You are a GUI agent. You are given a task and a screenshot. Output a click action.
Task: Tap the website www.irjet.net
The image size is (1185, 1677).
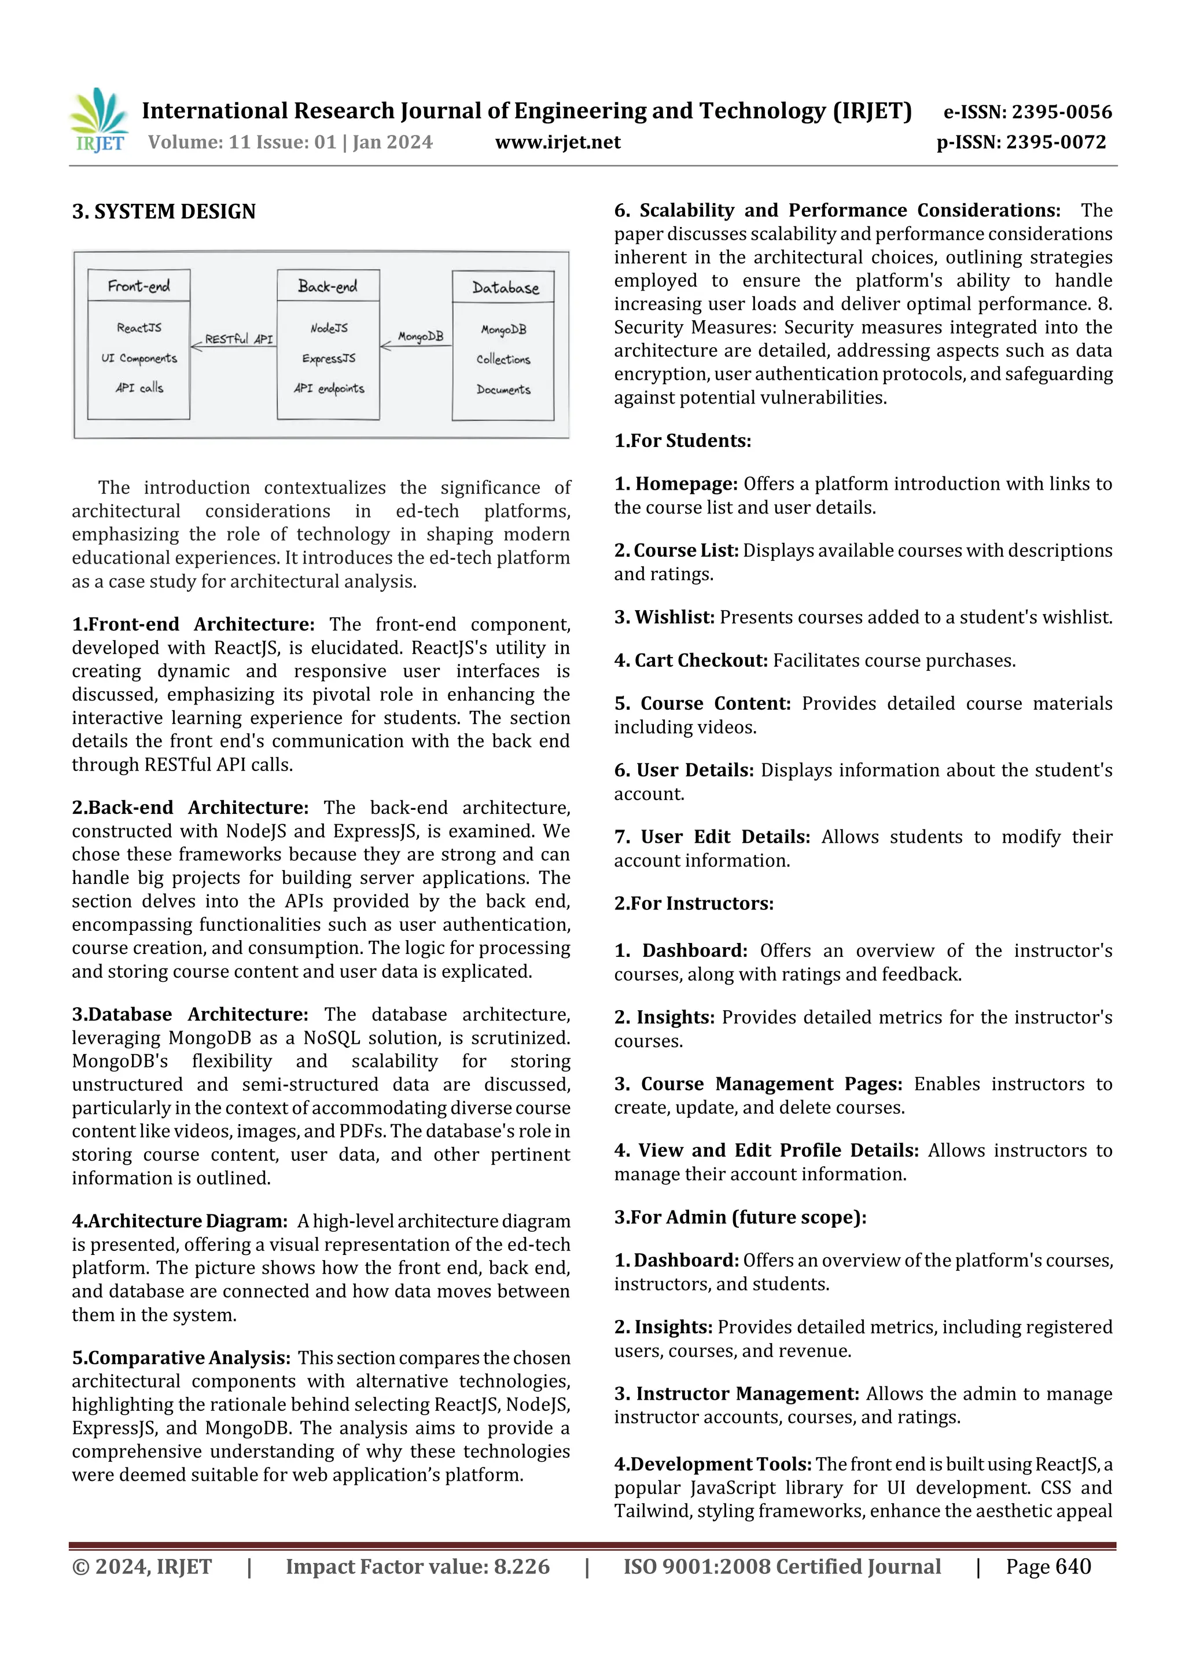click(x=558, y=142)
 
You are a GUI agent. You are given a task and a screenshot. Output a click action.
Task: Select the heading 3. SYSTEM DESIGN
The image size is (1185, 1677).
click(x=164, y=212)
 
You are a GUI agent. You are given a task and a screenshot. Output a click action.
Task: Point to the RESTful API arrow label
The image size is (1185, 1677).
click(x=239, y=339)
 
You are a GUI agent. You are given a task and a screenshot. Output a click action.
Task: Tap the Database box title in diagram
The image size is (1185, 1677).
click(x=505, y=288)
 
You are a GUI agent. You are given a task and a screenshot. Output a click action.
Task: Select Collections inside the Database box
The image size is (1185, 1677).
click(x=503, y=359)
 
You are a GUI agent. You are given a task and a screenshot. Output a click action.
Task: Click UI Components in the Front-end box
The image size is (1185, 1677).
click(x=139, y=358)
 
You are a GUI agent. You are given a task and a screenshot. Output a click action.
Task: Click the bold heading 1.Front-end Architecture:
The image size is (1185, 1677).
click(x=193, y=625)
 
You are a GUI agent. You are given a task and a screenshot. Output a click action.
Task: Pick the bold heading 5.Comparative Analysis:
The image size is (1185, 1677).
click(x=181, y=1358)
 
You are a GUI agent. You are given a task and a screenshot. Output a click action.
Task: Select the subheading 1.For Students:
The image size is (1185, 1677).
click(x=682, y=441)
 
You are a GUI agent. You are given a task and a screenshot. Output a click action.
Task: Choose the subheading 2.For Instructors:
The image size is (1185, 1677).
click(x=694, y=904)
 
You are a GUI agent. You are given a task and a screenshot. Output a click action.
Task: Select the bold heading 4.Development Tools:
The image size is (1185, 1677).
click(x=713, y=1465)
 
